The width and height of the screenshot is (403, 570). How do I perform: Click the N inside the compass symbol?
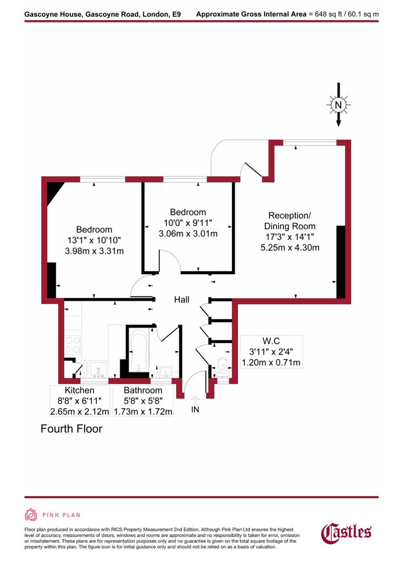point(339,106)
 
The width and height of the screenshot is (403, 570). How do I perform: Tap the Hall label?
point(181,300)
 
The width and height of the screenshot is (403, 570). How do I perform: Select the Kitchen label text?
point(80,391)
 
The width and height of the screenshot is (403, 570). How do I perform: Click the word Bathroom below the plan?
point(143,391)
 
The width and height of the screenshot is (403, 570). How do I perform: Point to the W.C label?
point(271,340)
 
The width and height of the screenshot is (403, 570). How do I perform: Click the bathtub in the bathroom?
point(139,349)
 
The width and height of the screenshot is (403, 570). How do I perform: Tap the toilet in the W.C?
point(223,364)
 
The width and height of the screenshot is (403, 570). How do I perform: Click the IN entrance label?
point(195,410)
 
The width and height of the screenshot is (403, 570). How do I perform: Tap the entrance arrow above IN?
point(195,399)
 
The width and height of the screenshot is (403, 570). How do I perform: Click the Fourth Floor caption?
point(71,429)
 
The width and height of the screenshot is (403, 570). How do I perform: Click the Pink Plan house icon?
point(31,515)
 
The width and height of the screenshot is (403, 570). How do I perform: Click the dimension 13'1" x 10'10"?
point(94,240)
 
